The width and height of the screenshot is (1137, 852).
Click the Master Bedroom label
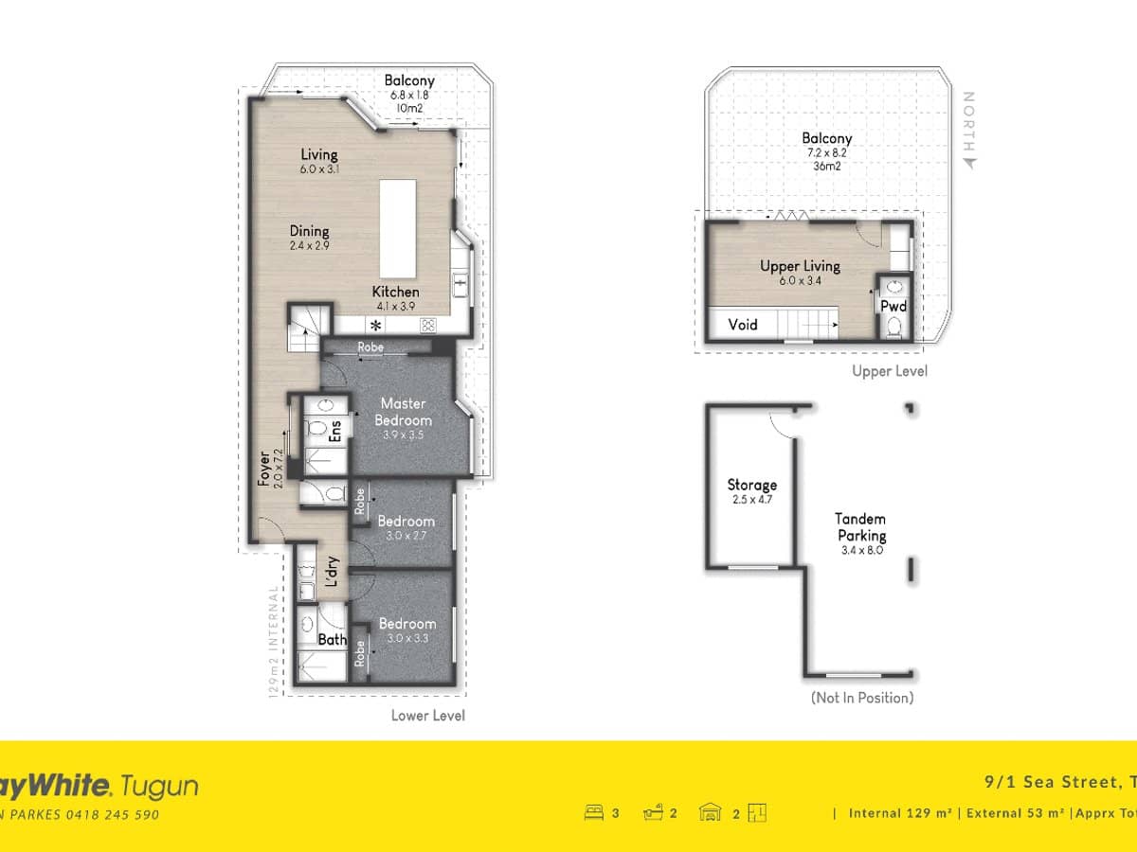403,412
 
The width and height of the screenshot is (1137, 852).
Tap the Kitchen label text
395,292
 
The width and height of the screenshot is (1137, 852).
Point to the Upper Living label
800,266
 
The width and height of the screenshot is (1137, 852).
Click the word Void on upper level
743,325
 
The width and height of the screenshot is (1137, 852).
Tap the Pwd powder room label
893,307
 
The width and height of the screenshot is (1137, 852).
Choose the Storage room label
752,485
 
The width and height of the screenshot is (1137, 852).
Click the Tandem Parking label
860,527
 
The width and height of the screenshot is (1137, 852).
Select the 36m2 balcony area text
826,166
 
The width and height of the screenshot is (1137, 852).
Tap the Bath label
332,640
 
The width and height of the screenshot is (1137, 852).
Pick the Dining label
310,231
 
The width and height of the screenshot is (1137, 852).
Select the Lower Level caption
428,716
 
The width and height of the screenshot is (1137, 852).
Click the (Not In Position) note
861,698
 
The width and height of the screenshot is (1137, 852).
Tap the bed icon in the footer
594,812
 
